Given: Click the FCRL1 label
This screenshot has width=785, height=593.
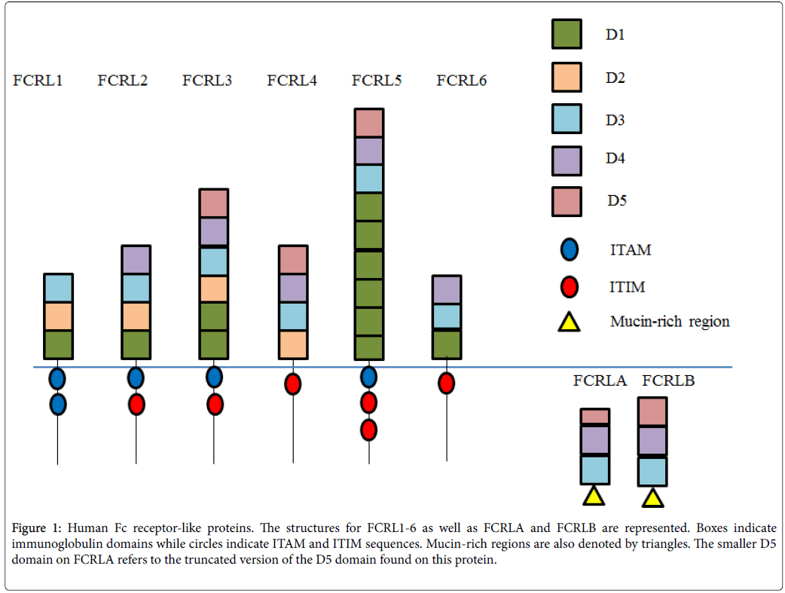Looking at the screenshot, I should point(37,80).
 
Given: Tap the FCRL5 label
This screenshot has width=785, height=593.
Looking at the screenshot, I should point(376,80).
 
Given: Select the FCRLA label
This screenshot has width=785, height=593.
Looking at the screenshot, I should point(600,381).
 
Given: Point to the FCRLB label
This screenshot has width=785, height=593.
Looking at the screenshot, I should point(667,381).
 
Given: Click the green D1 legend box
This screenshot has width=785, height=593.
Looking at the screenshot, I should point(566,34).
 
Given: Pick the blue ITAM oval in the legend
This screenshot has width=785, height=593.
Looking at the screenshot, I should point(570,249).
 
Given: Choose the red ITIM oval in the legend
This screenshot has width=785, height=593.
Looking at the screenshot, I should point(570,286).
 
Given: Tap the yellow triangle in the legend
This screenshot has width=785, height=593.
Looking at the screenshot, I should point(570,322).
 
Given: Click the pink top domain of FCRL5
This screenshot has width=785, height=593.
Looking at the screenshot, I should point(368,123).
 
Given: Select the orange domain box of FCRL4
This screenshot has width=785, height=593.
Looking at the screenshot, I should point(293,344).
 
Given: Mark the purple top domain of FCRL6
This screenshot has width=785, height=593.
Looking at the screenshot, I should point(447,289).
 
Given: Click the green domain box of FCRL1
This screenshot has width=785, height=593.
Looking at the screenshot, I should point(58,344).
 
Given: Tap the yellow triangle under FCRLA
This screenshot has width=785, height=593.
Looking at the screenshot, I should point(594,496).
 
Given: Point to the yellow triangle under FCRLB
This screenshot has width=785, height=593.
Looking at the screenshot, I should point(652,497).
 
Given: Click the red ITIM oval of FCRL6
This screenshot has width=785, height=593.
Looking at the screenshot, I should point(446,384).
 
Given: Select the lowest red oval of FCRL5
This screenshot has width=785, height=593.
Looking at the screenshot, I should point(368,429).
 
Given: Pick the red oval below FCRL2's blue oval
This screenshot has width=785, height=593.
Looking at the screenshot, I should point(136,405).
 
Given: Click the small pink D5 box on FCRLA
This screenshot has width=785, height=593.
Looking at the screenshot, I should point(594,417).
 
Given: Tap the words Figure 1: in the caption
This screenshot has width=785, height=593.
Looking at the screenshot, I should point(38,527).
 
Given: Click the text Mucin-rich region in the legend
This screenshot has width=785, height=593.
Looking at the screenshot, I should point(670,322).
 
